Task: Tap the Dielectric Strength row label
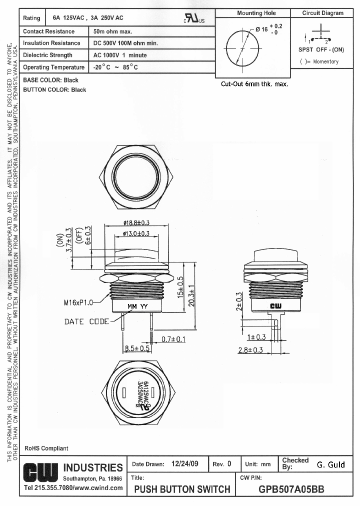click(48, 55)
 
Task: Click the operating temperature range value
click(115, 67)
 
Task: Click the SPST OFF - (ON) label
click(321, 49)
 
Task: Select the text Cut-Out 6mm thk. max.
click(254, 84)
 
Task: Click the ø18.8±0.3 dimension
click(136, 223)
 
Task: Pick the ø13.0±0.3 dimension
click(136, 233)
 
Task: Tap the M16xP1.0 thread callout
click(78, 302)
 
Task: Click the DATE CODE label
click(86, 321)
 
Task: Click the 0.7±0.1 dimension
click(173, 339)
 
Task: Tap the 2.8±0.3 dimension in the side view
click(250, 350)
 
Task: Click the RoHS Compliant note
click(46, 448)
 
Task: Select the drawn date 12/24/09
click(184, 464)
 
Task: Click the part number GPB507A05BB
click(291, 489)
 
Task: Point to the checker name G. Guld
click(330, 464)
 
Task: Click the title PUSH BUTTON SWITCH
click(182, 489)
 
